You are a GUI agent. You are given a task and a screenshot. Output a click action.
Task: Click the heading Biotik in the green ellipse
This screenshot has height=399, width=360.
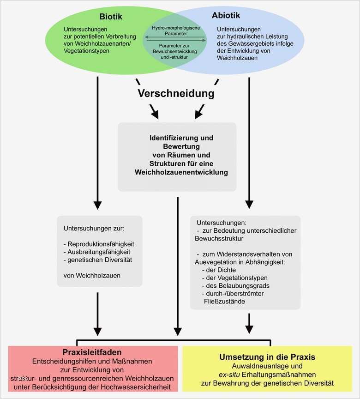pos(110,17)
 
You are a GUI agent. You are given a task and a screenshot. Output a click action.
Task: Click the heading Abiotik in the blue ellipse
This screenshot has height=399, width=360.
pos(226,16)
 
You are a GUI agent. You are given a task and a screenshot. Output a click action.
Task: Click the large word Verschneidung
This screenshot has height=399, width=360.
pos(176,94)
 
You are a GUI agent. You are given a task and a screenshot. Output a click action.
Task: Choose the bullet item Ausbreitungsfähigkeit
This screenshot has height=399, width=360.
pos(99,252)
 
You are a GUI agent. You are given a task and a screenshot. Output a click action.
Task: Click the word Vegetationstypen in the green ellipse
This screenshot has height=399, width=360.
pos(87,50)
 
